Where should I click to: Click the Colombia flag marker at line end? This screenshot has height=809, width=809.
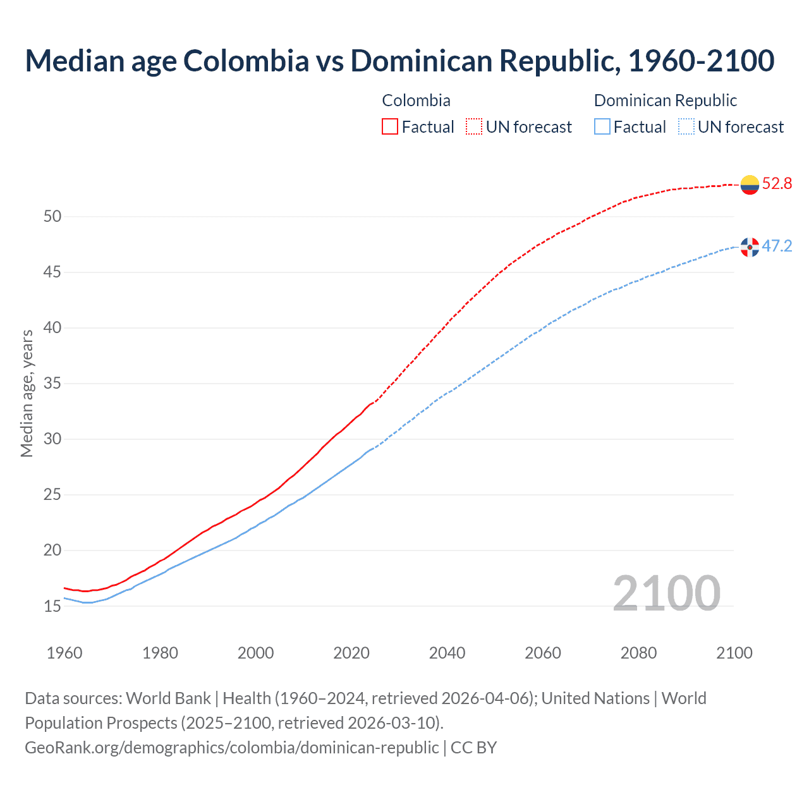pyautogui.click(x=750, y=185)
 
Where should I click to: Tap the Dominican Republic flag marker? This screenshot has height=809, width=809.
pyautogui.click(x=750, y=247)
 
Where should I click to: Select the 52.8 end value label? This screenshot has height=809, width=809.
pyautogui.click(x=777, y=184)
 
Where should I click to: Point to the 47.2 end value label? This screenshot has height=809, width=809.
pyautogui.click(x=777, y=246)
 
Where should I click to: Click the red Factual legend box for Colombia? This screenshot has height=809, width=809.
pyautogui.click(x=390, y=127)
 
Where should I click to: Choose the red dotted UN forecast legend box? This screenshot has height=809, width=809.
pyautogui.click(x=474, y=127)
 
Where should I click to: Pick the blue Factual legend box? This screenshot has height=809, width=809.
pyautogui.click(x=602, y=127)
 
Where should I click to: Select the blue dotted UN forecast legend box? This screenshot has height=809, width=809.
pyautogui.click(x=686, y=127)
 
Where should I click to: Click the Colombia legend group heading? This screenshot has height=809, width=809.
pyautogui.click(x=416, y=100)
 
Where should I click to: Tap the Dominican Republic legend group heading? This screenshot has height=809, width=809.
pyautogui.click(x=665, y=100)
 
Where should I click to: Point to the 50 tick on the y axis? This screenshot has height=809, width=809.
pyautogui.click(x=52, y=217)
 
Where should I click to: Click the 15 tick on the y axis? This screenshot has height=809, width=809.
pyautogui.click(x=52, y=606)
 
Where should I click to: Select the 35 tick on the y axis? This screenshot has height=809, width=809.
pyautogui.click(x=52, y=384)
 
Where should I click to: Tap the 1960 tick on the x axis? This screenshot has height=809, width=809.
pyautogui.click(x=64, y=653)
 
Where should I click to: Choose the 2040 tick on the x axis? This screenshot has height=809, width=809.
pyautogui.click(x=447, y=653)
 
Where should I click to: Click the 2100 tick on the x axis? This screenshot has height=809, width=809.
pyautogui.click(x=734, y=653)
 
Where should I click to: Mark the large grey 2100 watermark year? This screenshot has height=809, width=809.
pyautogui.click(x=666, y=593)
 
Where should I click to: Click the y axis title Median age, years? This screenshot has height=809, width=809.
pyautogui.click(x=27, y=393)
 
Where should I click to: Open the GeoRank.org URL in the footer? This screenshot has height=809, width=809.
pyautogui.click(x=231, y=747)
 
